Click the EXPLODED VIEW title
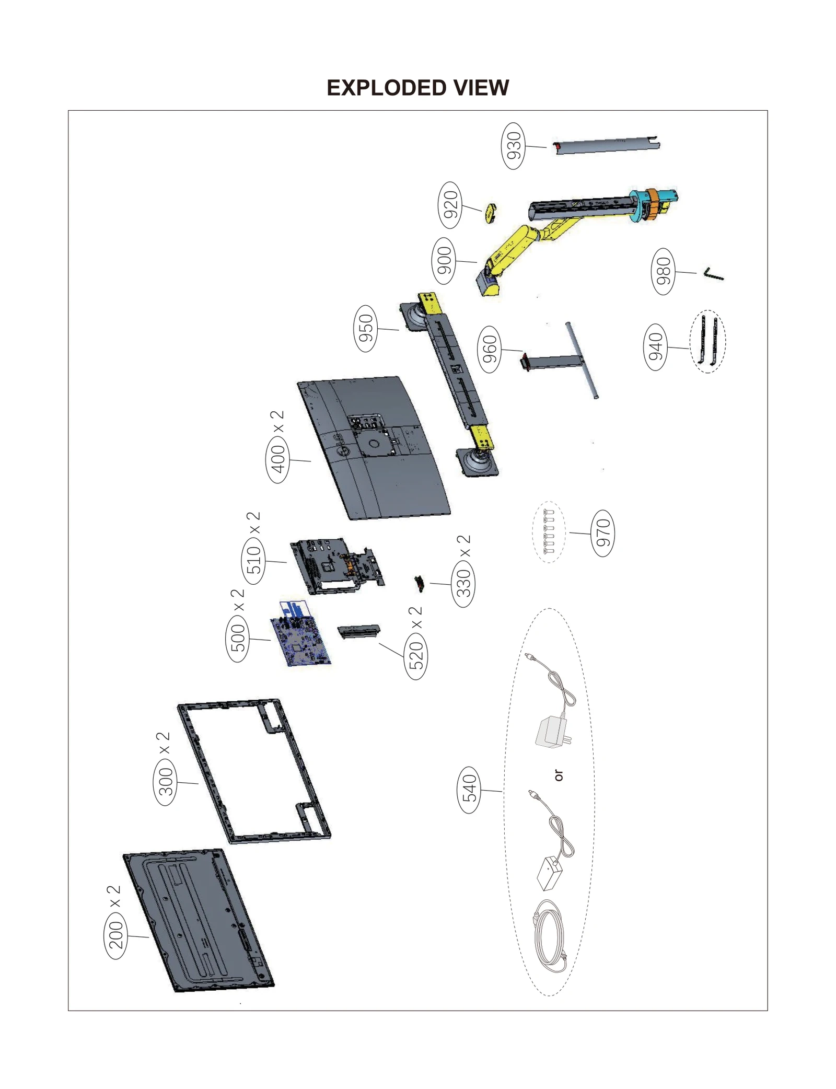coord(417,88)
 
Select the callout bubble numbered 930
coord(514,146)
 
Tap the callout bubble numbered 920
coord(450,205)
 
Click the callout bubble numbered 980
coord(663,271)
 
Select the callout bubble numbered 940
coord(655,346)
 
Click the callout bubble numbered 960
coord(490,349)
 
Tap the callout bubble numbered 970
coord(603,533)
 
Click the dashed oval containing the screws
coord(549,532)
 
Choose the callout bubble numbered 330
coord(463,583)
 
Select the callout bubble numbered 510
coord(253,561)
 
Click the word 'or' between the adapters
coord(559,775)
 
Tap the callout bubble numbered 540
coord(469,790)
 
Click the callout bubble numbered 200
coord(115,935)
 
